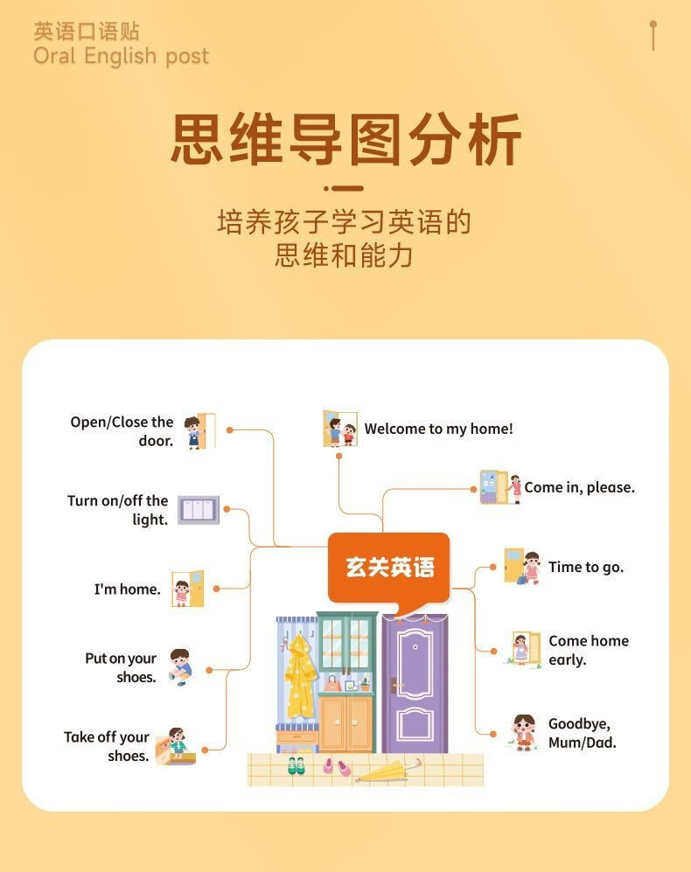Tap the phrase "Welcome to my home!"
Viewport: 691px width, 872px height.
438,429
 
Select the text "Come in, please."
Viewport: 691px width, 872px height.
579,487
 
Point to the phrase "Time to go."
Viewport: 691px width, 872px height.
586,567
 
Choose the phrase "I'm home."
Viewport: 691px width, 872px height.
128,589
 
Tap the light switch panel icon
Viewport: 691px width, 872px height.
199,509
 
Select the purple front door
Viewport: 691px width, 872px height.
415,682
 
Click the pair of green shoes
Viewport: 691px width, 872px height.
297,765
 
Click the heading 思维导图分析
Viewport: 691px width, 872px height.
345,140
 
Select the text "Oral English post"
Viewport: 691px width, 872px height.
121,56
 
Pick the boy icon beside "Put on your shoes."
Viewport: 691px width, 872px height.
179,666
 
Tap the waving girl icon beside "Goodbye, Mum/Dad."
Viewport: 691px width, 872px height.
523,732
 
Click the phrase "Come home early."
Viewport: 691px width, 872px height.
588,650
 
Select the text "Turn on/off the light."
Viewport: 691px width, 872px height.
118,510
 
